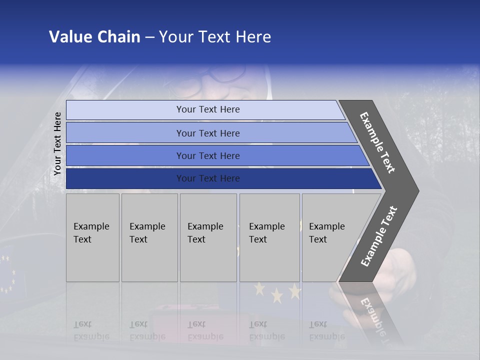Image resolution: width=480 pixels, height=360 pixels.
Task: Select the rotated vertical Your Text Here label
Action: click(x=57, y=143)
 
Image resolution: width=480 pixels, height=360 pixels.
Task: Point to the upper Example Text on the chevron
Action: click(x=378, y=143)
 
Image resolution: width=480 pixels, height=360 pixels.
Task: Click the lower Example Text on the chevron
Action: click(x=379, y=236)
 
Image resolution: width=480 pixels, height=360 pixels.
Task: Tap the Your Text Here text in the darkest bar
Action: click(x=208, y=178)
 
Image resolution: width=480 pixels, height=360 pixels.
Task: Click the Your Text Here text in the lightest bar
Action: click(x=208, y=109)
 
